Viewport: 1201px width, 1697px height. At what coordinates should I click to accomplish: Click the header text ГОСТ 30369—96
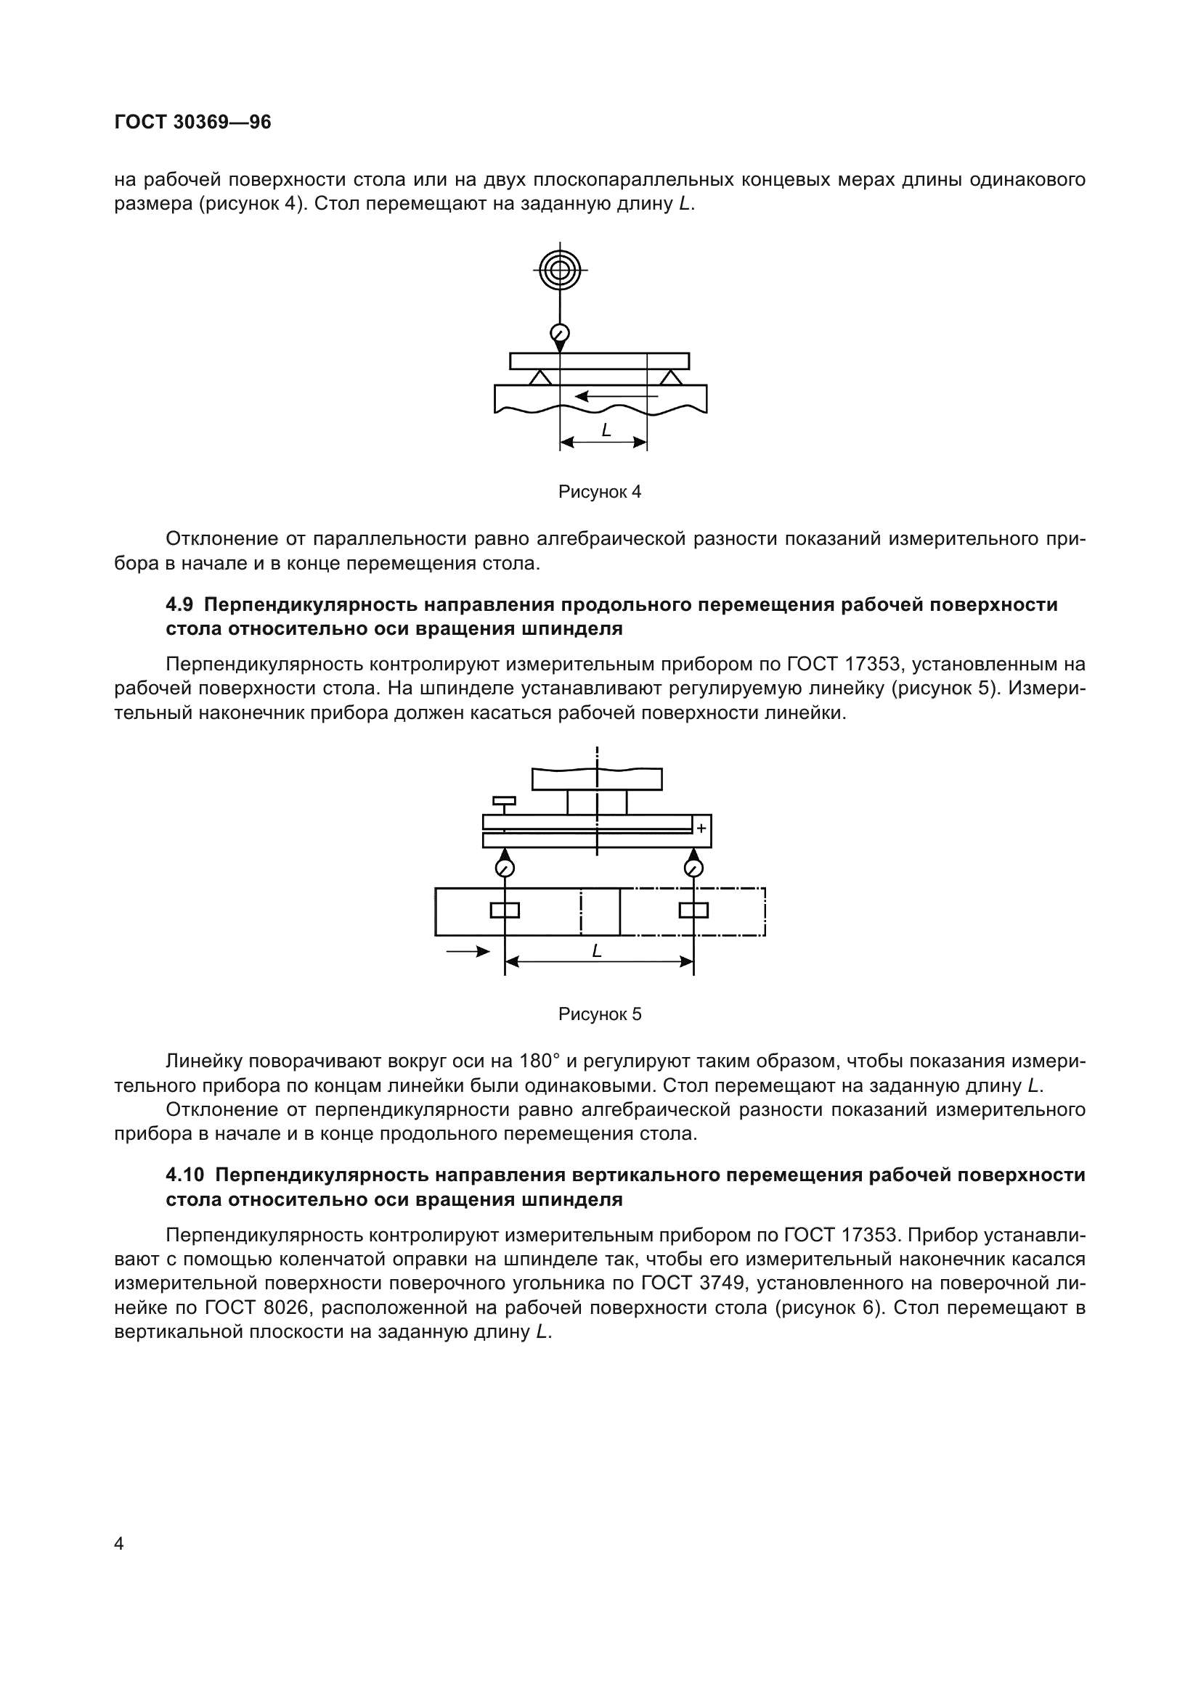pos(192,122)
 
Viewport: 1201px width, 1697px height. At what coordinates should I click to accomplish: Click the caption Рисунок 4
pos(599,491)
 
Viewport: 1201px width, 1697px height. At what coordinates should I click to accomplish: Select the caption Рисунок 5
pos(599,1014)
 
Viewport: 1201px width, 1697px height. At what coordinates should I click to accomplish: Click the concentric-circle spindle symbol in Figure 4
pos(560,269)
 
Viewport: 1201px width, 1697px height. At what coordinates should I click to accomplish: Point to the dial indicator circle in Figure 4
pos(560,332)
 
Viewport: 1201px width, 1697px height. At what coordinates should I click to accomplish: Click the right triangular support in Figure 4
pos(671,378)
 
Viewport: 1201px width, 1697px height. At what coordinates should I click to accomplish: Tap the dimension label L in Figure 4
pos(606,430)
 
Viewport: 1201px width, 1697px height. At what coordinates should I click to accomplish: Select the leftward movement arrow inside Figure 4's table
pos(614,396)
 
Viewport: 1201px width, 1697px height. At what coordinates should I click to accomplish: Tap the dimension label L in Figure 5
pos(597,951)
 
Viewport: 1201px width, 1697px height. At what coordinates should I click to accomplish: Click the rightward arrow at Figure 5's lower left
pos(469,952)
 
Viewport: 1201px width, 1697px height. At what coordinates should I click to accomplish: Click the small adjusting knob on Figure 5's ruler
pos(505,800)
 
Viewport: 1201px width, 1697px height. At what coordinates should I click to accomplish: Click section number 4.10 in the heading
pos(185,1175)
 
